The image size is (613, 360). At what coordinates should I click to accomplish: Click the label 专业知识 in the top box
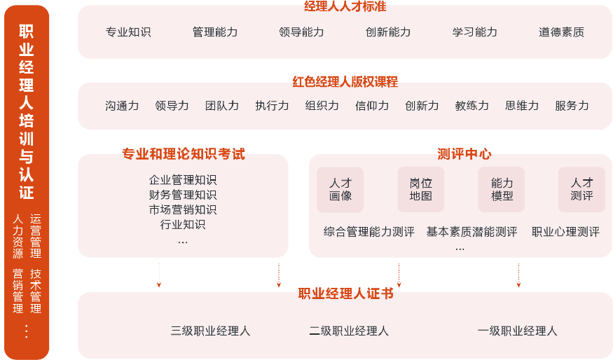128,32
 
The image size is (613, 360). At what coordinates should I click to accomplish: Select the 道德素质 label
561,32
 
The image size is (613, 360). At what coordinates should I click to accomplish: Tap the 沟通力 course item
122,106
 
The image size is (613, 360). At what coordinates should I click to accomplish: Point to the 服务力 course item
572,106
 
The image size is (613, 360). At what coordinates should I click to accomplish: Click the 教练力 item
471,106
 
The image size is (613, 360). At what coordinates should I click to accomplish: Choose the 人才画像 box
340,189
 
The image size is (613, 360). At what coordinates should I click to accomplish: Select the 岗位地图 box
421,189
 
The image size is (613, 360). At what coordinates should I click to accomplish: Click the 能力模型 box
502,189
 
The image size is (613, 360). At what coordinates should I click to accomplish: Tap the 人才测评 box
581,189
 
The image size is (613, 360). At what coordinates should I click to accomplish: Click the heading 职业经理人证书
346,293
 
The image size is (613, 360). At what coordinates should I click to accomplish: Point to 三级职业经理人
210,331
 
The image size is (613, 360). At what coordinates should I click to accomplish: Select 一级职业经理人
517,331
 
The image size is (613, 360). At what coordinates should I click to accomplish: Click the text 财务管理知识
183,195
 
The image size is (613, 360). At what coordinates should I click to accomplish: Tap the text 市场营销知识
183,209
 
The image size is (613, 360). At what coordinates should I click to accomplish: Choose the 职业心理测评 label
565,232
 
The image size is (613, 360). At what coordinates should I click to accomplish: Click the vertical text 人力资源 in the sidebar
18,237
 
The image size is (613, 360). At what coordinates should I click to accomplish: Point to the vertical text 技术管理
36,291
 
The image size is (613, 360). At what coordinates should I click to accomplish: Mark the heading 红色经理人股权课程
345,82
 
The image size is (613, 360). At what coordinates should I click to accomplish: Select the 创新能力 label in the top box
388,32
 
